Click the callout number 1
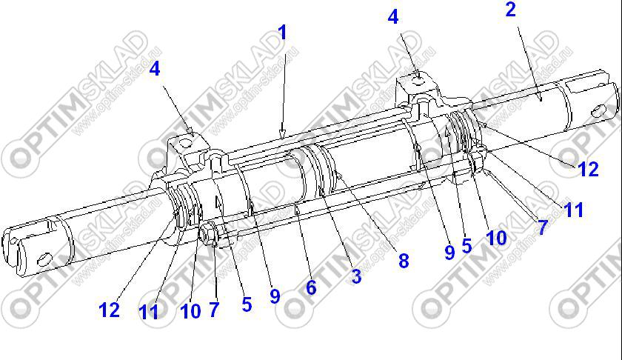coord(282,33)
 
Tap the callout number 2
coord(510,10)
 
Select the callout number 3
coord(356,276)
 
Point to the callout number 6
coord(311,287)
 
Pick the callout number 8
coord(404,261)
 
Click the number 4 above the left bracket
coord(155,68)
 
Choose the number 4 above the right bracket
coord(392,17)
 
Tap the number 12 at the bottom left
coord(109,310)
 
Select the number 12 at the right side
coord(588,169)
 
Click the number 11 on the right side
coord(574,210)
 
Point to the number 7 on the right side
coord(542,227)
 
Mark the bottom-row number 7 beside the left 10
coord(214,310)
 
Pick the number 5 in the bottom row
coord(247,304)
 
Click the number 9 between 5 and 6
coord(275,296)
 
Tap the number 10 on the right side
coord(496,238)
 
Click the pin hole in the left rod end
coord(44,259)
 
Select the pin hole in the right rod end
coord(598,110)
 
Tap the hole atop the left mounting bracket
coord(184,142)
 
